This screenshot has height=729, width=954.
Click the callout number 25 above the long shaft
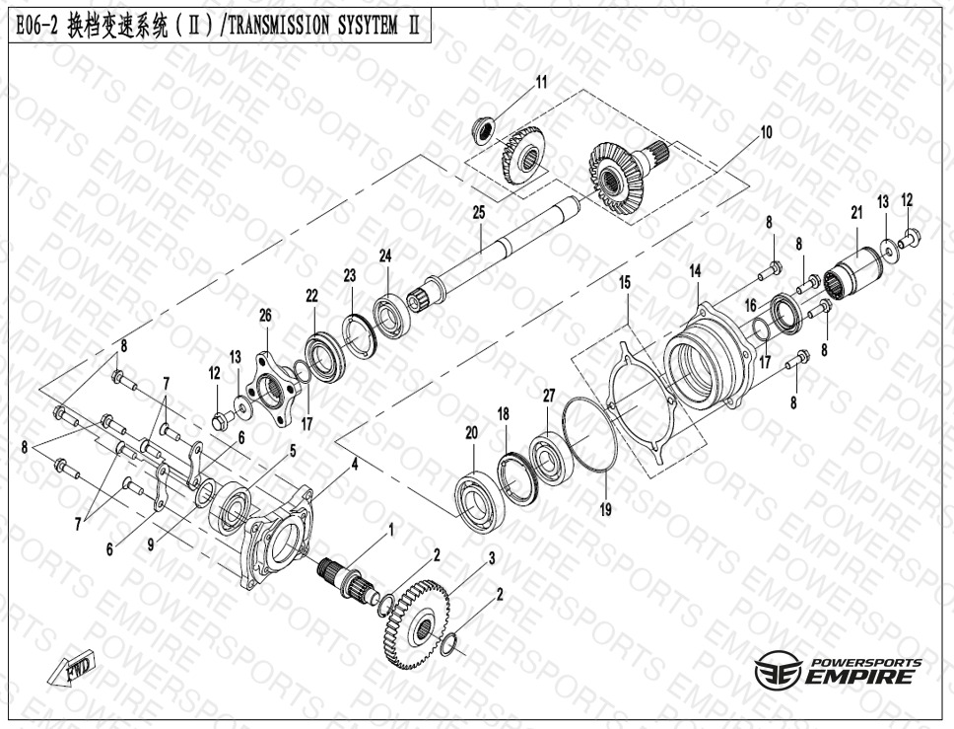(479, 212)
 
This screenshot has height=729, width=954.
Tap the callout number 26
(265, 316)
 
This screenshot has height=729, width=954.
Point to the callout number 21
(856, 212)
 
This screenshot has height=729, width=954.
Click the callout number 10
(766, 132)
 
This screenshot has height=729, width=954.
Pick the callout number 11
(541, 82)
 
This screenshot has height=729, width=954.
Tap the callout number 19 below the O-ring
(605, 510)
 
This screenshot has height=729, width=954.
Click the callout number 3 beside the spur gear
(492, 558)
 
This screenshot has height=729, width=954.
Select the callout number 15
(625, 282)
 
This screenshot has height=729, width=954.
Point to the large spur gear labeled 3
(418, 624)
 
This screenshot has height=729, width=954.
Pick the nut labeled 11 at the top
(486, 130)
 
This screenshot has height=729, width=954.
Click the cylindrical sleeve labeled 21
(854, 271)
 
